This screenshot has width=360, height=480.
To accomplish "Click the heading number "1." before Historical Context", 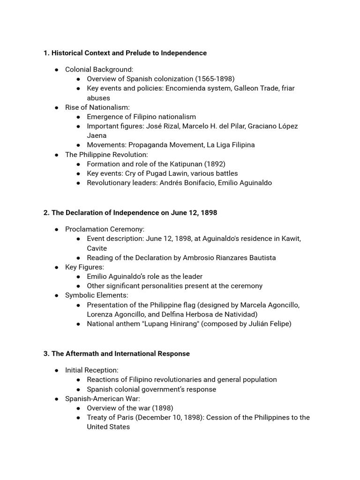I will click(46, 53).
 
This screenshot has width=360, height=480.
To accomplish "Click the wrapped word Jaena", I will click(97, 135).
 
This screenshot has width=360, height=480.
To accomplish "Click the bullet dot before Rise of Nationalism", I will click(56, 107).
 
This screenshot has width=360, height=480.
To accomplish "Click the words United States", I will click(108, 427).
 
